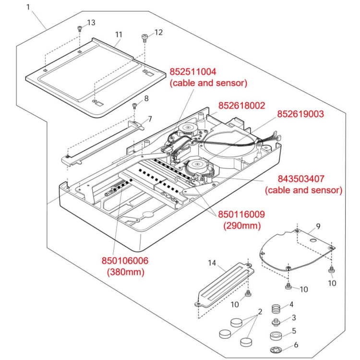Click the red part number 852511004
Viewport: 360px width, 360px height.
coord(193,72)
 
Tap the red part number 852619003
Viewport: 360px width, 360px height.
coord(300,114)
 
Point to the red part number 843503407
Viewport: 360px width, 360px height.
coord(302,179)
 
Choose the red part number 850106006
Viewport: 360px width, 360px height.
coord(125,261)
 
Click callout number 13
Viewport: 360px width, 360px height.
coord(91,23)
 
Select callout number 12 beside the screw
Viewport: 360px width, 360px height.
coord(158,32)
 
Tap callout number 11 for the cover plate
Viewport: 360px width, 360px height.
coord(119,35)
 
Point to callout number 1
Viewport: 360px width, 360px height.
coord(28,7)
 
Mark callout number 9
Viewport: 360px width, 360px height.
coord(318,226)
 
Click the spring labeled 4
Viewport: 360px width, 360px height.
coord(276,308)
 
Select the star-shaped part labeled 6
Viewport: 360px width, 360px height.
coord(277,348)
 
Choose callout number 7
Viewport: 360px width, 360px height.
coord(150,119)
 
